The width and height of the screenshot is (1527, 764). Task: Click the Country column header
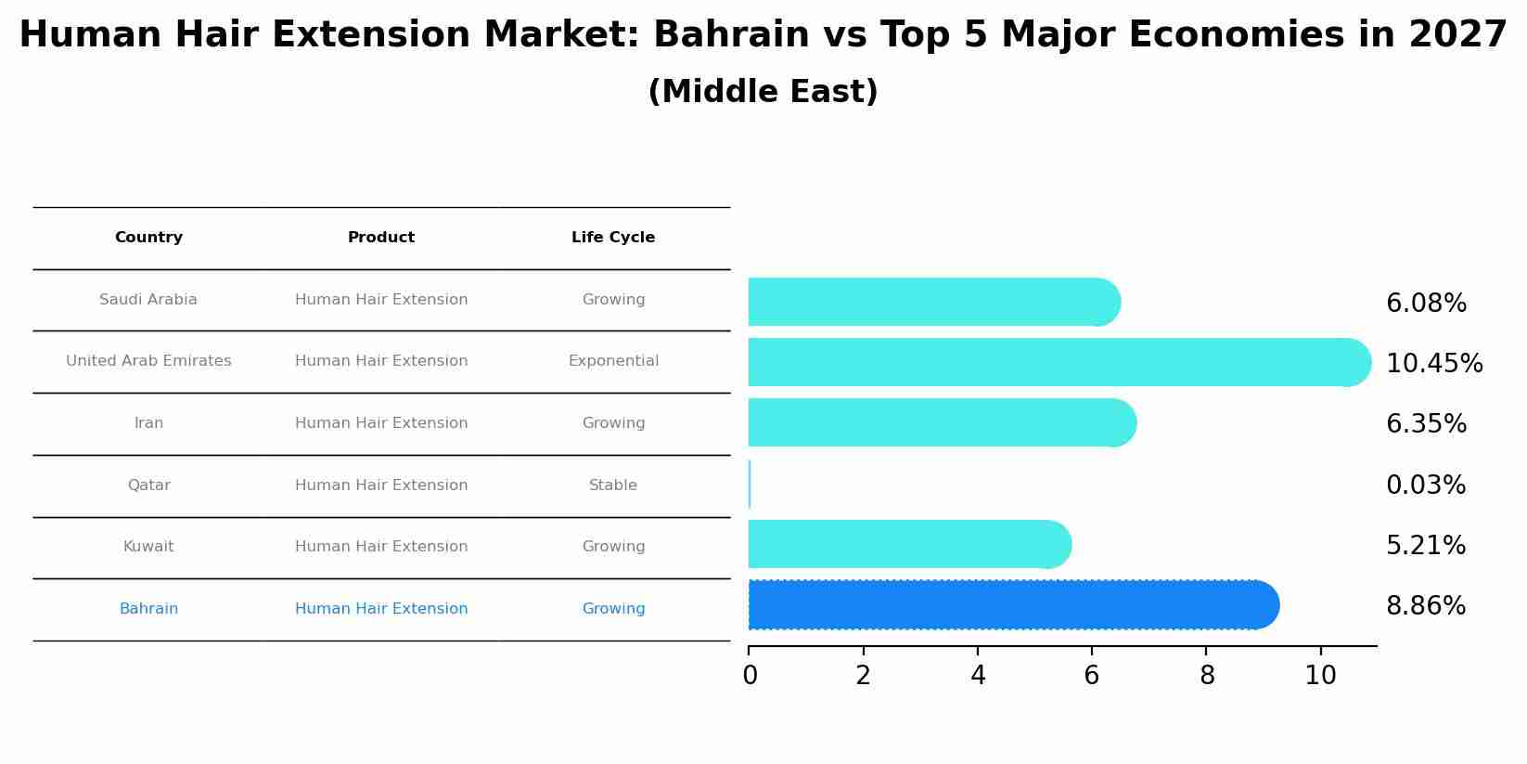(x=148, y=238)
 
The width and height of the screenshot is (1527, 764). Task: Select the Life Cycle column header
(x=613, y=238)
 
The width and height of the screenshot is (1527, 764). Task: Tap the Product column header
(x=381, y=238)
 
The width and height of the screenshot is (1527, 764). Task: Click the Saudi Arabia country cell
(x=148, y=300)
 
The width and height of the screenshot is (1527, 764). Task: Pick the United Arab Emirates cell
(x=148, y=361)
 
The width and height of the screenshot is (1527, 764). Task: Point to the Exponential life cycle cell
(x=613, y=361)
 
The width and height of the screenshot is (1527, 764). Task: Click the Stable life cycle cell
(x=613, y=486)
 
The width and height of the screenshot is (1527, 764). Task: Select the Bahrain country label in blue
(x=148, y=609)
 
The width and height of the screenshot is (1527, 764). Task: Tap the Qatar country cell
(x=148, y=486)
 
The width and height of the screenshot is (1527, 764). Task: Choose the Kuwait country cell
(x=148, y=547)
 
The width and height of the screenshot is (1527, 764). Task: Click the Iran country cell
(x=148, y=423)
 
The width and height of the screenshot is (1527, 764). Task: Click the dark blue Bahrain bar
(x=1011, y=605)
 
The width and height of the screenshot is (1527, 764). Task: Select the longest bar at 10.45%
(x=1058, y=362)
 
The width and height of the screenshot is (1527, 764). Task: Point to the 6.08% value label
(x=1426, y=304)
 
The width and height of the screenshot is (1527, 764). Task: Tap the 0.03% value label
(x=1426, y=486)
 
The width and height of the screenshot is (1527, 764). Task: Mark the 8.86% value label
(x=1426, y=606)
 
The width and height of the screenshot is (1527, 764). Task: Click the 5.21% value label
(x=1426, y=546)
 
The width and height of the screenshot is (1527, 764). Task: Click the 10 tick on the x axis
(x=1320, y=676)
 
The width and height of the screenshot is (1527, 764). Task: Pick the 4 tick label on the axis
(x=978, y=676)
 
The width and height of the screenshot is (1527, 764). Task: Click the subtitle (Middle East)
(x=763, y=92)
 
